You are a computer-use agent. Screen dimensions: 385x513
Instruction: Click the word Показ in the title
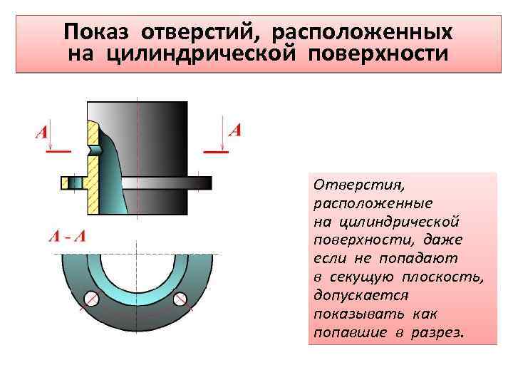click(98, 32)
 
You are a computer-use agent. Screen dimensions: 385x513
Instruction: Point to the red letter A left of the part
click(41, 133)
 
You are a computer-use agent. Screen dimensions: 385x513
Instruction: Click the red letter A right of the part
click(234, 130)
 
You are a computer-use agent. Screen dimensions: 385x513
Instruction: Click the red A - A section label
click(66, 236)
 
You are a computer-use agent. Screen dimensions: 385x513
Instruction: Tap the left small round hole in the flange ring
click(90, 299)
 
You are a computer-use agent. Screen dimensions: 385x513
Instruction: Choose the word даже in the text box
click(442, 240)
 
